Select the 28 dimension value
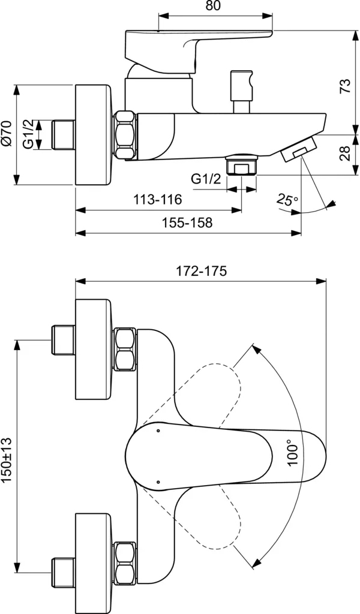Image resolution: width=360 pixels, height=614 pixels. click(344, 155)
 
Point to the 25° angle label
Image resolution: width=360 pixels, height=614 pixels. click(288, 200)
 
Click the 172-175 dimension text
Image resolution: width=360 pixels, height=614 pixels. click(201, 270)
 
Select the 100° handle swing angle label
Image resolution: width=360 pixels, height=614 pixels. click(292, 453)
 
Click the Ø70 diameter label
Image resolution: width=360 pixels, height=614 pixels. click(7, 134)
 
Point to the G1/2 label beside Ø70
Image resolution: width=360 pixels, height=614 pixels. click(28, 135)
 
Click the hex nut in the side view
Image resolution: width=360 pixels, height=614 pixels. click(126, 136)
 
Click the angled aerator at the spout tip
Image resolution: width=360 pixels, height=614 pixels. click(297, 148)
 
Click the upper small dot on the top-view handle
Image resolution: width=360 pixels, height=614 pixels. click(158, 431)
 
